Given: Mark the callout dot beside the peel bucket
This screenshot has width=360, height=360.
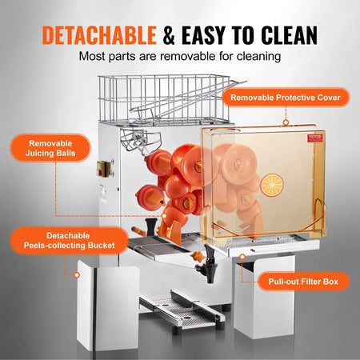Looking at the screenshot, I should [76, 274].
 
